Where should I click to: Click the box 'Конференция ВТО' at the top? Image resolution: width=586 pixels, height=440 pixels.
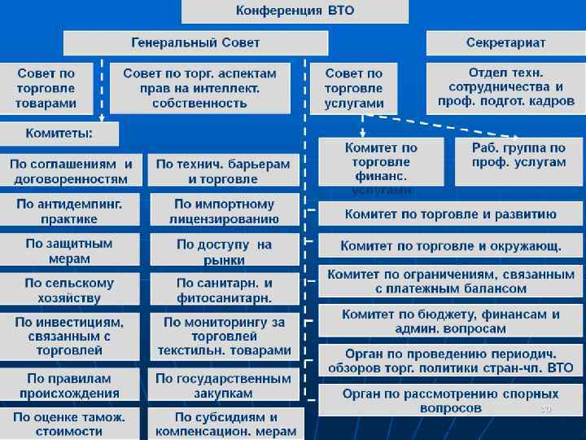294,11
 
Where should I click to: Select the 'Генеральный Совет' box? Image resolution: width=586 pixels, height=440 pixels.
196,42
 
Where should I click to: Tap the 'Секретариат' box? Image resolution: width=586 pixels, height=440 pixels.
505,42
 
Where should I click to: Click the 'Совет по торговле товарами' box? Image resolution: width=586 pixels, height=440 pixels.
47,88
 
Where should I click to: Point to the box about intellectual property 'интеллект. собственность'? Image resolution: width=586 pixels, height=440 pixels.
199,88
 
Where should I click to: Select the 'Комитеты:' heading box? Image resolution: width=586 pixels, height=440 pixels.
59,133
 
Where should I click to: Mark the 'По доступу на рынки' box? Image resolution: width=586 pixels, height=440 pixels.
224,251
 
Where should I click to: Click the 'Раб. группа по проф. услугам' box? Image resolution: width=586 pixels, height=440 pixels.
518,155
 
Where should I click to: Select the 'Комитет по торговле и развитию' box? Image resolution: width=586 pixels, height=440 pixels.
450,214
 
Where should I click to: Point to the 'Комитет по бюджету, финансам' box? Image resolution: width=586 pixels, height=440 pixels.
450,321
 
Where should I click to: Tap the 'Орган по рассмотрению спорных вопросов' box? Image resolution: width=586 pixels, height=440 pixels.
450,399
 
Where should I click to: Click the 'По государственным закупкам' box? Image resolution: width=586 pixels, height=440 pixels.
224,385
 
